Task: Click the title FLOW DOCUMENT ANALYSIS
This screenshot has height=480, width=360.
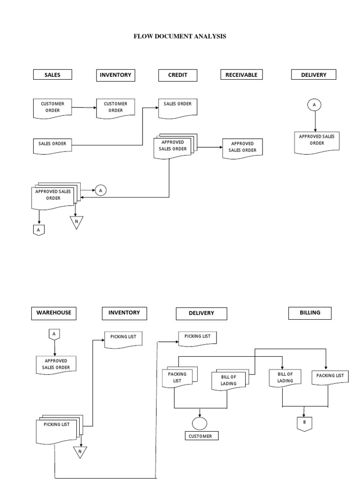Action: pos(180,36)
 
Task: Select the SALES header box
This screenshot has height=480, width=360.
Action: pos(52,75)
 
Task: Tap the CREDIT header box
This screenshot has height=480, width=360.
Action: pos(177,75)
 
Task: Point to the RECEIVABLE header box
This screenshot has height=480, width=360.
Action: pos(241,75)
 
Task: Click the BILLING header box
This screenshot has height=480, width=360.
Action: pos(309,313)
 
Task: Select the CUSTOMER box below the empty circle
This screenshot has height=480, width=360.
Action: pos(200,436)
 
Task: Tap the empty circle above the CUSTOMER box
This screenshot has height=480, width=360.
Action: pos(200,423)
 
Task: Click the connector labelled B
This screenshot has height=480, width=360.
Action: pos(304,424)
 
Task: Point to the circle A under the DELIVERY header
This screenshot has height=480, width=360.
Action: pos(314,105)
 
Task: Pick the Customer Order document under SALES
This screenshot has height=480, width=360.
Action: pos(52,107)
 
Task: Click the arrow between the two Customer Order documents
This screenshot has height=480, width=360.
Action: pos(84,107)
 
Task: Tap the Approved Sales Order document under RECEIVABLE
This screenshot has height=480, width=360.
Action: pos(242,147)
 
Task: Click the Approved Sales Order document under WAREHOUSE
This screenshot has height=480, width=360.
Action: pos(56,365)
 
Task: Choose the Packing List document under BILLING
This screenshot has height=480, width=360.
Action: pos(330,376)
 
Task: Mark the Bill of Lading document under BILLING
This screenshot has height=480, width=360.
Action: pos(285,377)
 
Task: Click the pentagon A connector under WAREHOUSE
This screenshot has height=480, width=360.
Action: pos(54,334)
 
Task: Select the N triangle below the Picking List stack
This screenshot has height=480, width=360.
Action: pos(80,451)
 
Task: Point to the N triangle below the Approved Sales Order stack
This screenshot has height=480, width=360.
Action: pos(76,222)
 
